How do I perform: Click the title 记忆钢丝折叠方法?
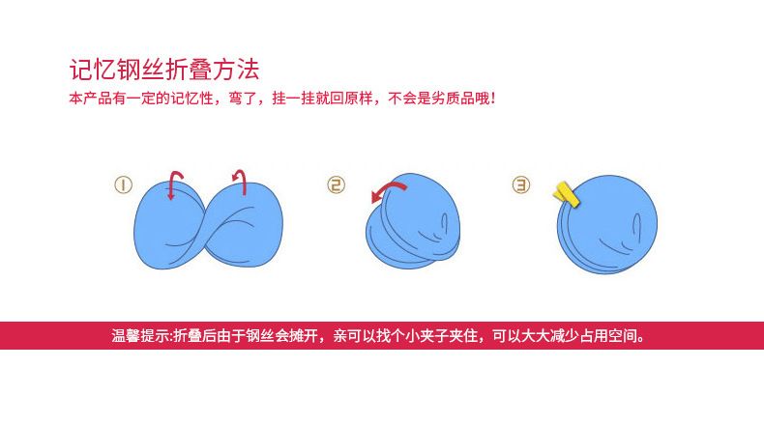164,70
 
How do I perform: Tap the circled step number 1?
123,185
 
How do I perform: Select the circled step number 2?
336,185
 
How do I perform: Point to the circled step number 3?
521,185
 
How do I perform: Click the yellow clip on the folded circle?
566,196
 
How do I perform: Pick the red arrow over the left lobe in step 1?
174,184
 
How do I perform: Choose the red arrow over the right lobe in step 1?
240,182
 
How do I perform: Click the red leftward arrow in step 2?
389,191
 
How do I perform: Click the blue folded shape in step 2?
413,220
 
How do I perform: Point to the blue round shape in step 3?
607,224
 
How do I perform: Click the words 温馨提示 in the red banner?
140,336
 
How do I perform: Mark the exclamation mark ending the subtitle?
493,99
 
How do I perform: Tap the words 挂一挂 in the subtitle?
293,99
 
